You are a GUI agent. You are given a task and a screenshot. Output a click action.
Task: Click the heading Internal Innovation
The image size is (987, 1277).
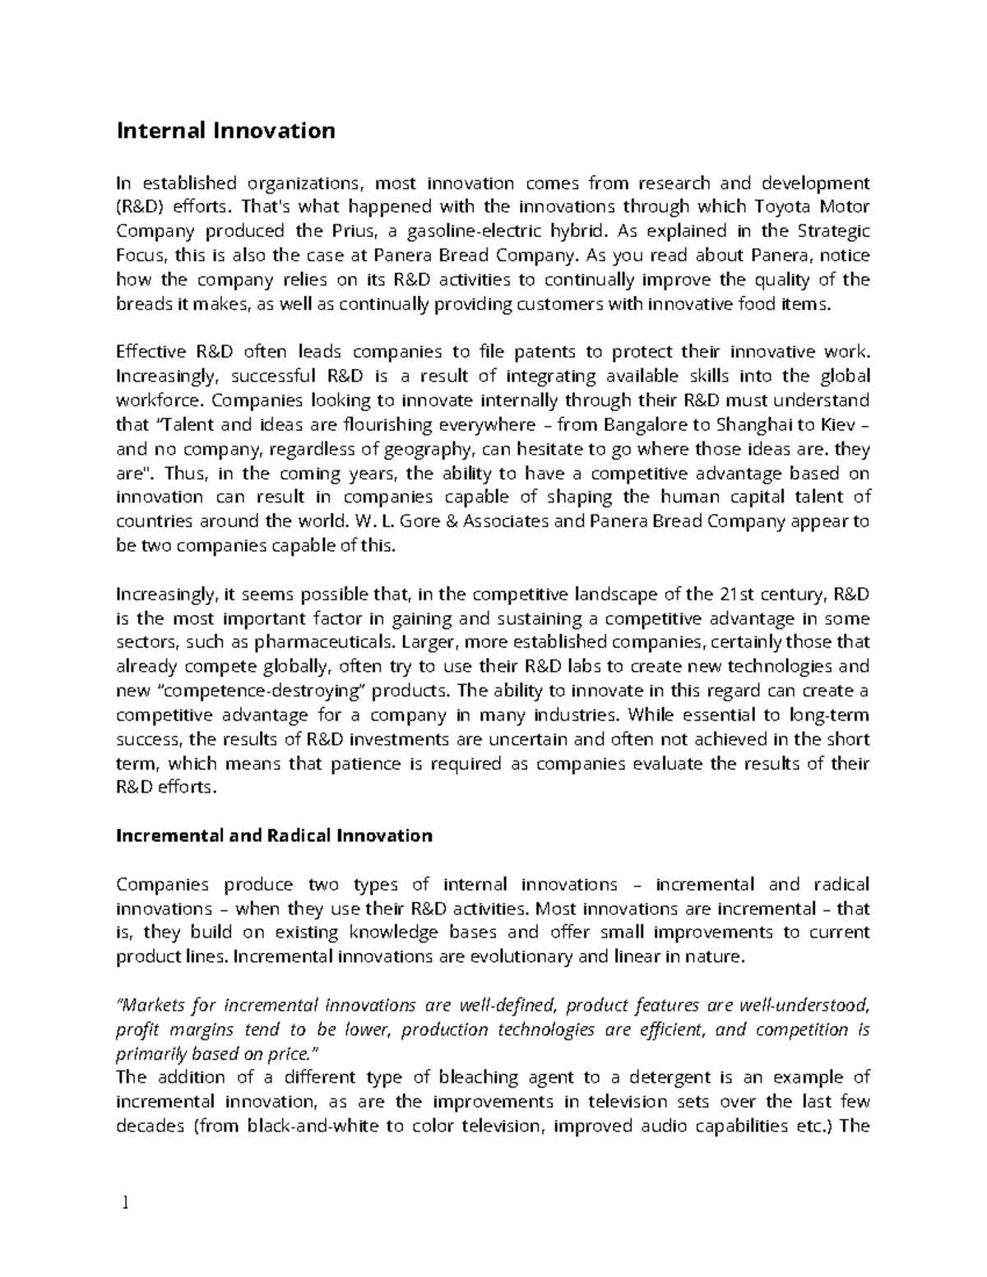click(x=225, y=131)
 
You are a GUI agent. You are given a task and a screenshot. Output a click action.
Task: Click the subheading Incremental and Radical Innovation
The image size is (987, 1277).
click(x=274, y=835)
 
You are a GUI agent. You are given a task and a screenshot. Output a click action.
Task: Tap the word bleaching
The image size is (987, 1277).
click(x=463, y=1077)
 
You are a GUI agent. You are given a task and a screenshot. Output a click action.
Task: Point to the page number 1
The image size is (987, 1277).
click(x=125, y=1204)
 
